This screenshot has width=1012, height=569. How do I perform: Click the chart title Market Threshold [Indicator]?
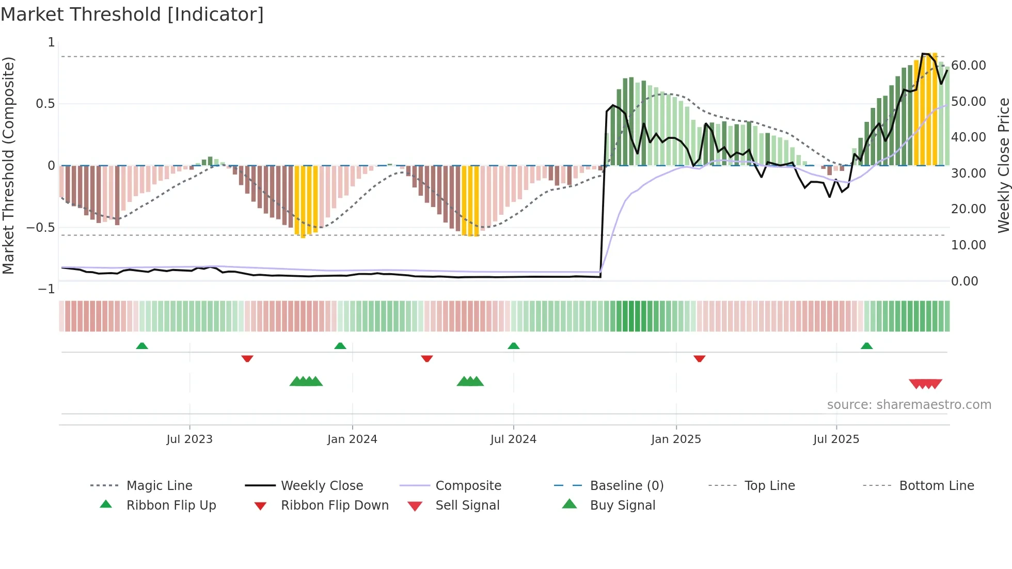point(132,14)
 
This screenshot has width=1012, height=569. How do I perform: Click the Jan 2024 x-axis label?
point(352,439)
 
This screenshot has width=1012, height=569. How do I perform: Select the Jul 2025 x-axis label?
point(836,439)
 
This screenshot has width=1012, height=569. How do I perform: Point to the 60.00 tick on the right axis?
point(968,66)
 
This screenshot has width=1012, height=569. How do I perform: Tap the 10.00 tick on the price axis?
point(968,245)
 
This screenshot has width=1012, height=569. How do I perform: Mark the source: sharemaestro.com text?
point(909,405)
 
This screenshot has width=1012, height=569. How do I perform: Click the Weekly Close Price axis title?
point(1003,165)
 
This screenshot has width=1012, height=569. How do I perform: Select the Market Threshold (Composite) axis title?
point(8,165)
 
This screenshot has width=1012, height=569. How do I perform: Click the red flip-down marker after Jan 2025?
point(699,358)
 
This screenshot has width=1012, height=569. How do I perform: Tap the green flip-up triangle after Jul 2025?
point(866,346)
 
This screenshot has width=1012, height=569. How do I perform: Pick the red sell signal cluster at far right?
point(925,384)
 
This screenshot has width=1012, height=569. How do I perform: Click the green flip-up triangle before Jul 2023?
point(142,346)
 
